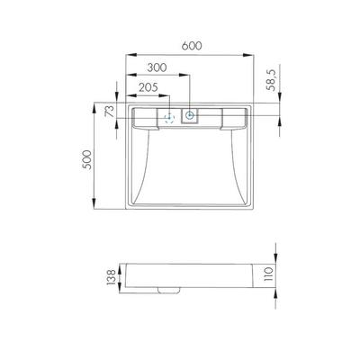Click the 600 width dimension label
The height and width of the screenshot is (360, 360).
click(192, 46)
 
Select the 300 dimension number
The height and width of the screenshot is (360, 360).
click(157, 67)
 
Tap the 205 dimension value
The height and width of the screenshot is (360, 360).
click(148, 87)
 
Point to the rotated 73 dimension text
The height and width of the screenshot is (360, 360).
click(110, 111)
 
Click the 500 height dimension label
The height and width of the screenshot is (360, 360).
click(86, 159)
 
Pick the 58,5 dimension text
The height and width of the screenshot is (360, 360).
click(271, 79)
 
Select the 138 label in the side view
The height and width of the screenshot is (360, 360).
click(111, 277)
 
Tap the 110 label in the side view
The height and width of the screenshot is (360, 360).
click(269, 274)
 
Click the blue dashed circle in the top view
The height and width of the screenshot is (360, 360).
click(169, 118)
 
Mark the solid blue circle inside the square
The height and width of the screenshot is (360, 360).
click(190, 115)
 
